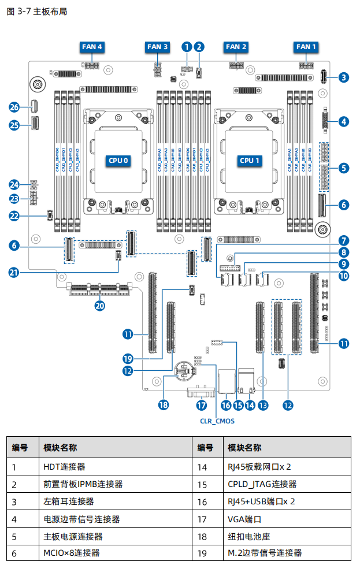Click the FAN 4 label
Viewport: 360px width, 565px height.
click(92, 47)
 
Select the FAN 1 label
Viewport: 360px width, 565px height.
click(306, 47)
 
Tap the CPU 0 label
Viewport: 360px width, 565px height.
click(118, 160)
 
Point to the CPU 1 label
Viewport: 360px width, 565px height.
click(250, 160)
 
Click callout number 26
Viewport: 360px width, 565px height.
click(15, 107)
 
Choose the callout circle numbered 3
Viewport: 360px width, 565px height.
click(344, 77)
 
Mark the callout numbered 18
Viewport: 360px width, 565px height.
click(164, 405)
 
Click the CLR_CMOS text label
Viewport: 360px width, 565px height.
click(217, 421)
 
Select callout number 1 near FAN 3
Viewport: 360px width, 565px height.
click(187, 46)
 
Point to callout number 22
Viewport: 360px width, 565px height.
click(15, 215)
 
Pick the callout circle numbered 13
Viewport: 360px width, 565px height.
click(263, 405)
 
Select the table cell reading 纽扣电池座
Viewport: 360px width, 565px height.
click(250, 536)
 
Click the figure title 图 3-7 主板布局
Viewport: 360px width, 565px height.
click(36, 12)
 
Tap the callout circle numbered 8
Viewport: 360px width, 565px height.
click(344, 252)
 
